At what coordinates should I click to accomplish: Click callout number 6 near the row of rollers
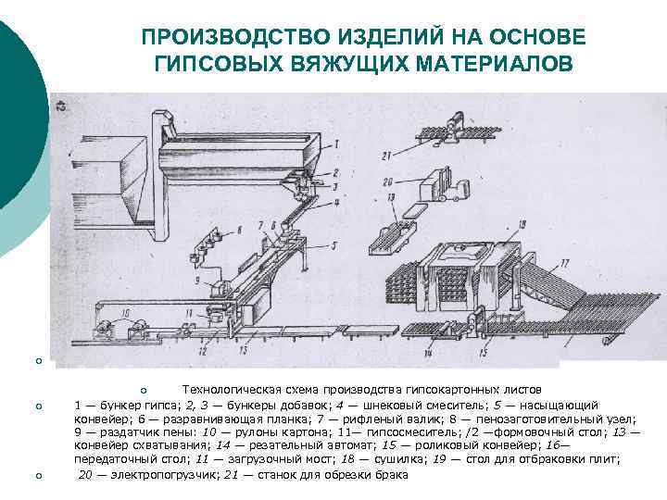pyautogui.click(x=241, y=228)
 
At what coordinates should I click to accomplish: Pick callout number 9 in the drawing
pyautogui.click(x=198, y=279)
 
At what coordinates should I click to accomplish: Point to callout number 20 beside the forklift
pyautogui.click(x=389, y=181)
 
